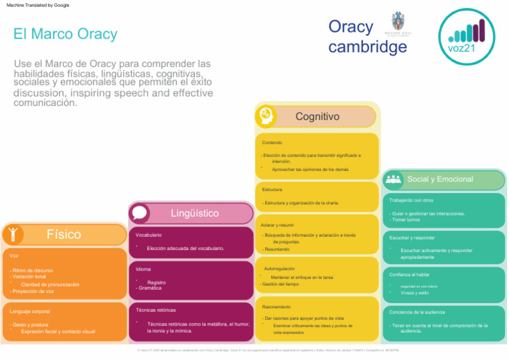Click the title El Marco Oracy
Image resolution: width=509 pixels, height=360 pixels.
pos(65,34)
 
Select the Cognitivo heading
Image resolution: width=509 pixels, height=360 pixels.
pos(317,117)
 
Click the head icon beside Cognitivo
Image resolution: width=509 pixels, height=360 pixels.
pos(266,115)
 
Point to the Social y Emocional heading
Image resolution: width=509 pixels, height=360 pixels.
pos(440,179)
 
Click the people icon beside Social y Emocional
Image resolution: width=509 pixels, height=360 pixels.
pos(394,179)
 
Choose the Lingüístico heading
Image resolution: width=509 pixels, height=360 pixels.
pos(194,213)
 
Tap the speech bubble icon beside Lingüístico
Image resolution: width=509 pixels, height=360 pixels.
pos(140,213)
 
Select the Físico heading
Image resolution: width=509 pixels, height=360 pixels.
pos(64,234)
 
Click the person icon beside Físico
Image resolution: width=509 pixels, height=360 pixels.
pos(13,234)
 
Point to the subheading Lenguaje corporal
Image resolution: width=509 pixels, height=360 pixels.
pos(30,311)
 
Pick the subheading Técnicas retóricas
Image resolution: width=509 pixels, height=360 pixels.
pos(156,310)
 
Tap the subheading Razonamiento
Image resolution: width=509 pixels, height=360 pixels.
pos(276,307)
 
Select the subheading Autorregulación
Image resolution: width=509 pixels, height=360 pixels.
pos(280,269)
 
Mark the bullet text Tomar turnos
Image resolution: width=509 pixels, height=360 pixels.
pos(405,219)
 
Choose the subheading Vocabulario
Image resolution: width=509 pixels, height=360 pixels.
pos(148,235)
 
